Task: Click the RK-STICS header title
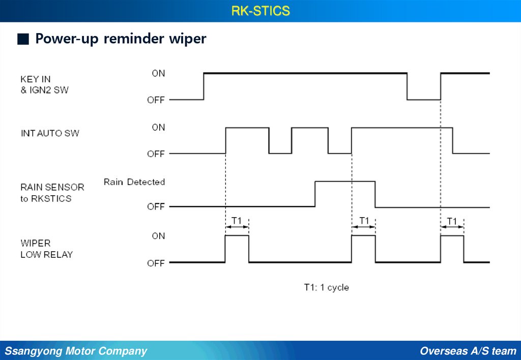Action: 260,11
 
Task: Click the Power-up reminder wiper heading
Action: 121,39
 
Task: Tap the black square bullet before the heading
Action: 22,40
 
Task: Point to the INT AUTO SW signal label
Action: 50,134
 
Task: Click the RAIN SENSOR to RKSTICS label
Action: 52,193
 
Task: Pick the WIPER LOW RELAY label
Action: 46,249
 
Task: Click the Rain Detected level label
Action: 134,182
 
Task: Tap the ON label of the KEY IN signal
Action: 158,73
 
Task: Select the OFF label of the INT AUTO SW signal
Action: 156,154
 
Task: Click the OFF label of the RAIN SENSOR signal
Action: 156,207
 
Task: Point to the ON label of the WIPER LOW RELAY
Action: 158,236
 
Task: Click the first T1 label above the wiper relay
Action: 237,220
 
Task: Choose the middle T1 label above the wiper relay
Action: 364,220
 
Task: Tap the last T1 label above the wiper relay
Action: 452,221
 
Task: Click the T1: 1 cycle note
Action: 326,287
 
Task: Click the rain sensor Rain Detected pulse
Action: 345,193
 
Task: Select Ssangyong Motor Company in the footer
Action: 76,351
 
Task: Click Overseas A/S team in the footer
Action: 468,351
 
